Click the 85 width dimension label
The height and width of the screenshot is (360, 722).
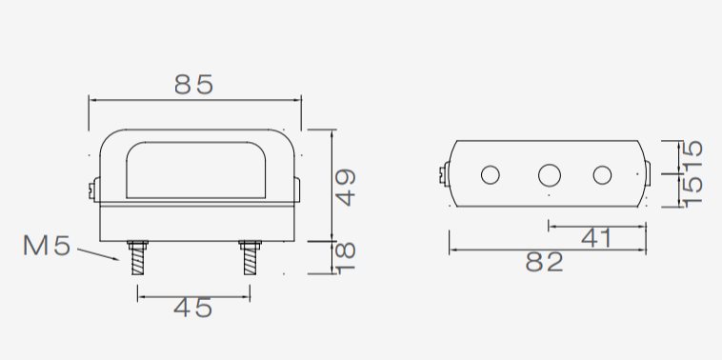pos(194,85)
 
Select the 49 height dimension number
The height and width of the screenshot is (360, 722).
pos(346,188)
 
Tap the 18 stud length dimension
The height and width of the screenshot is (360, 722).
pos(346,258)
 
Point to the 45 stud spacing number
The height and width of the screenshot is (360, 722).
pos(193,308)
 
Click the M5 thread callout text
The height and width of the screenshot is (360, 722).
pos(47,246)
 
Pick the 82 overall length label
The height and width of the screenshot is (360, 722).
pos(544,262)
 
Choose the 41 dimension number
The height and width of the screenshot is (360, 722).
pos(596,238)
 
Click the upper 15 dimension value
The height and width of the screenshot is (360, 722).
pos(692,155)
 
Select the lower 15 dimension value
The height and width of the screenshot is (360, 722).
pos(692,191)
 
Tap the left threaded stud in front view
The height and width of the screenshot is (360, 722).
pos(137,258)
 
